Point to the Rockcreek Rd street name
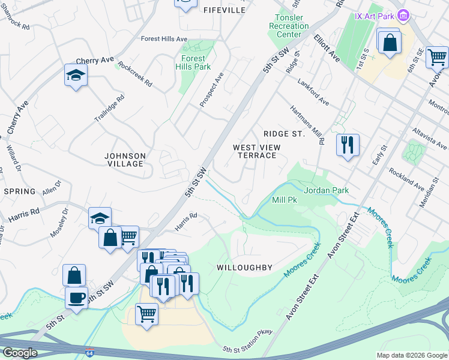click(x=135, y=73)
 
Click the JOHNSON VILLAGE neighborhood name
click(x=125, y=160)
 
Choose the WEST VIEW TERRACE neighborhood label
click(x=255, y=151)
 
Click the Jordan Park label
click(x=326, y=190)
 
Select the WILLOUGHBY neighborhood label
click(x=245, y=268)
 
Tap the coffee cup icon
click(x=77, y=298)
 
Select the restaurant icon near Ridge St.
click(x=348, y=145)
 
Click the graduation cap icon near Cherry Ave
click(x=76, y=75)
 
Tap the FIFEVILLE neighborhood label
click(x=224, y=10)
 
